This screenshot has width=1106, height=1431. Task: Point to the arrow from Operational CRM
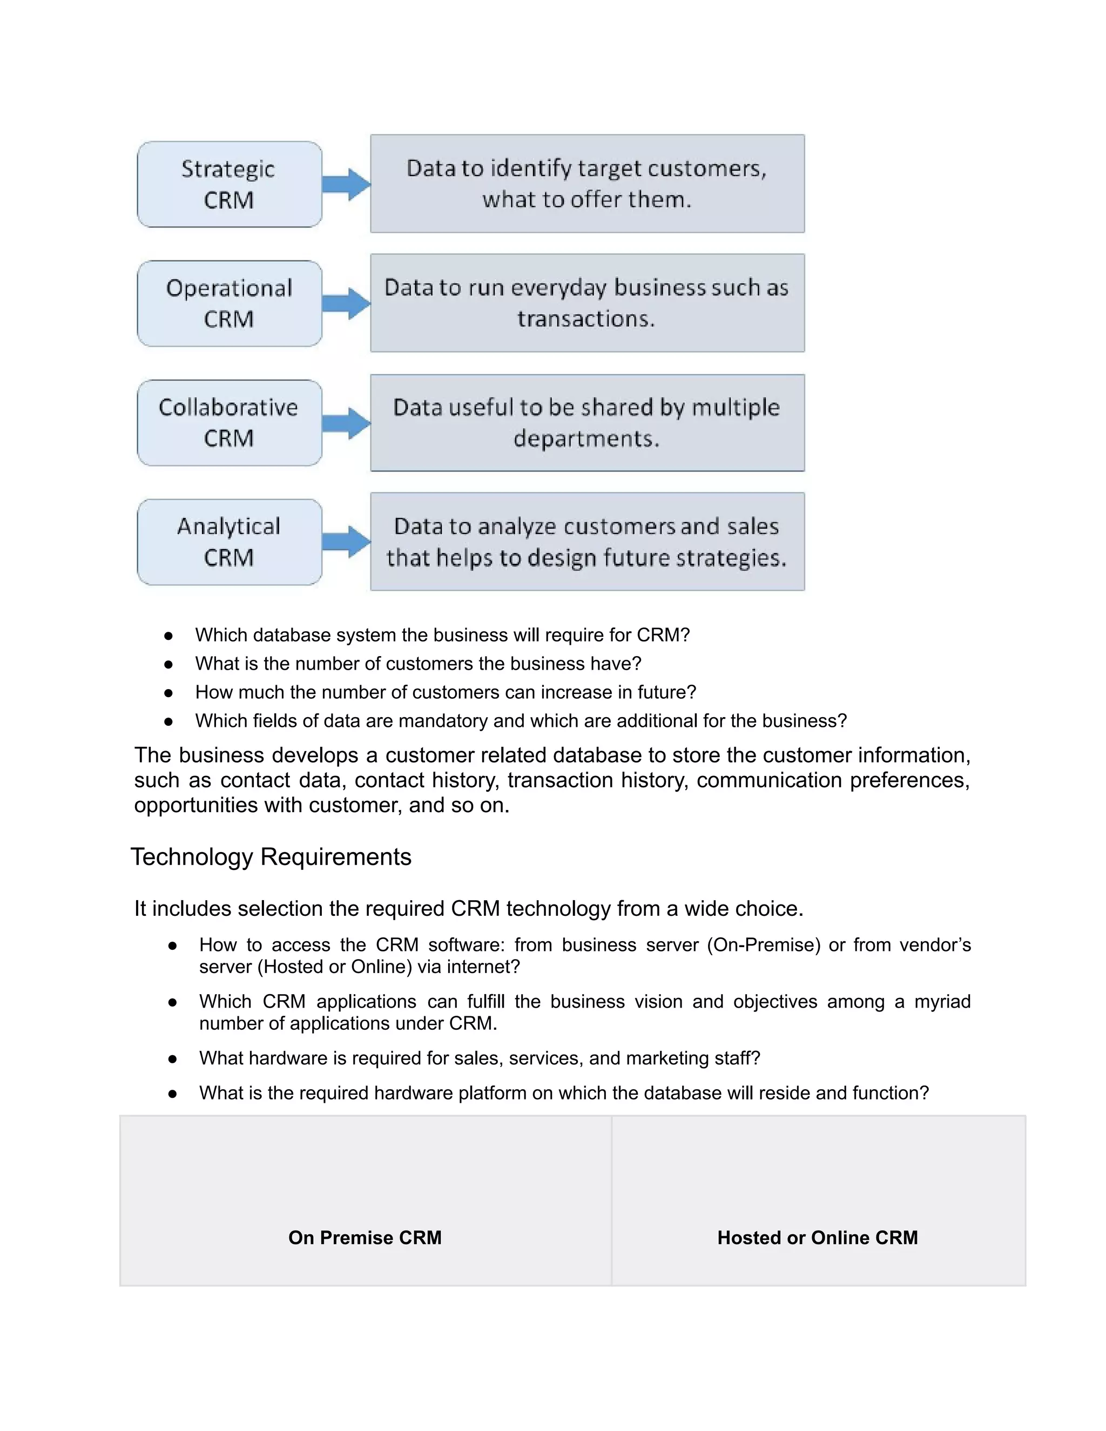point(347,303)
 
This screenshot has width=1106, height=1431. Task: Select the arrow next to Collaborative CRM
point(347,423)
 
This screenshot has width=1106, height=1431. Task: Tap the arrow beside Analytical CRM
point(347,542)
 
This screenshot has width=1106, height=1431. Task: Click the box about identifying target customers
point(587,184)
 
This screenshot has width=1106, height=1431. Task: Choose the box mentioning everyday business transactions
point(587,303)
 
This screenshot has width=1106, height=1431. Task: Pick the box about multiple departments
point(587,423)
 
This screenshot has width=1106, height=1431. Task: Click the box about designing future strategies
point(587,542)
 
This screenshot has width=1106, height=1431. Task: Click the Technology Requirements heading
point(271,857)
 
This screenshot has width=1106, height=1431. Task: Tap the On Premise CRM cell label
point(365,1238)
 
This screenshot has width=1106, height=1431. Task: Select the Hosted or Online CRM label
point(817,1238)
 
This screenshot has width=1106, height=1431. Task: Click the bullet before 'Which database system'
point(168,636)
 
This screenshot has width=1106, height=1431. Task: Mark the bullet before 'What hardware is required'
point(172,1058)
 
